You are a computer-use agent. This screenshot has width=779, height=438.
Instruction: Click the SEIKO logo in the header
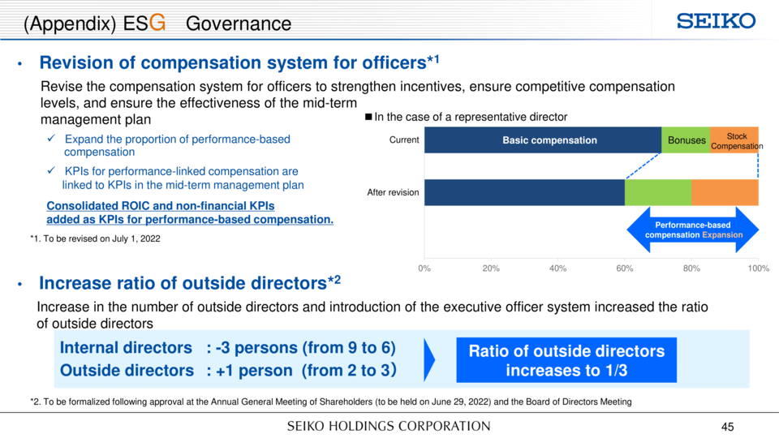point(716,21)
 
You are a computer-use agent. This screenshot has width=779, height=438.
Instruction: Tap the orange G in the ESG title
point(157,23)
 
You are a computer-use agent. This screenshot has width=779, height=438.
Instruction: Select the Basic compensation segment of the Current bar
point(543,140)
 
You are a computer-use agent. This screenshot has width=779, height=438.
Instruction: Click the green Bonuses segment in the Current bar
point(686,140)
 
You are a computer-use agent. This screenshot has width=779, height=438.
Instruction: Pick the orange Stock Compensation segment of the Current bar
point(734,140)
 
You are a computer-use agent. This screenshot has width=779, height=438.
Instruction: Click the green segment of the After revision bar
point(658,193)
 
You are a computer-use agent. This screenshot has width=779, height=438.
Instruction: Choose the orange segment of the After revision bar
point(725,193)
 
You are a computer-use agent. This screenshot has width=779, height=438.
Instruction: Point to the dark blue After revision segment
point(524,193)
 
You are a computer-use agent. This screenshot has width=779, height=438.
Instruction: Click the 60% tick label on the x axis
point(625,268)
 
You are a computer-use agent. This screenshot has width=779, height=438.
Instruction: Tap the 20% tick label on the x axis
point(491,268)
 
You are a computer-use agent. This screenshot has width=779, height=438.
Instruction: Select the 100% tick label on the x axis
point(758,268)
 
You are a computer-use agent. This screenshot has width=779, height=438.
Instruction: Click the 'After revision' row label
point(393,193)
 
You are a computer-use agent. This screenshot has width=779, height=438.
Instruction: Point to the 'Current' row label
point(404,140)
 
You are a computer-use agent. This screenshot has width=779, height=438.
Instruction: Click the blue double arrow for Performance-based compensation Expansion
point(692,230)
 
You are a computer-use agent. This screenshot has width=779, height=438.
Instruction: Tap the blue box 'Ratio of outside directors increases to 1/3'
point(566,360)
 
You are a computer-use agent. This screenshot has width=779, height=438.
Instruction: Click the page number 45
point(727,427)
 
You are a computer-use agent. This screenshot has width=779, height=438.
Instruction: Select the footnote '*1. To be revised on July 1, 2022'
point(96,238)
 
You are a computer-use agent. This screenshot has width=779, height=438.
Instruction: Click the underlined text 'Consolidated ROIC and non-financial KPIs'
point(161,205)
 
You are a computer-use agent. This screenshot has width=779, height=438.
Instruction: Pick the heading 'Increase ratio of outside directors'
point(183,283)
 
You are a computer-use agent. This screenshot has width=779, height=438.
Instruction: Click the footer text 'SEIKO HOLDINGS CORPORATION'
point(389,426)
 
